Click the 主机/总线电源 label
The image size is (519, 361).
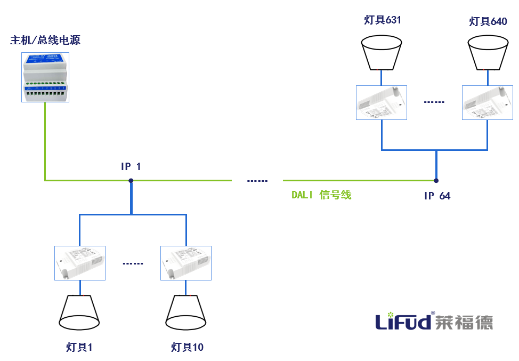pyautogui.click(x=45, y=41)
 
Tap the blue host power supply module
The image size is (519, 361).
pyautogui.click(x=45, y=77)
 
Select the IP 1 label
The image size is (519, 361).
pyautogui.click(x=131, y=167)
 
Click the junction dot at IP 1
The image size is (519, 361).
pyautogui.click(x=131, y=180)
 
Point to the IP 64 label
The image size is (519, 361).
pyautogui.click(x=437, y=196)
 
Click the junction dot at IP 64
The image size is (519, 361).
pyautogui.click(x=436, y=180)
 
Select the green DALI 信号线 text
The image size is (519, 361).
pyautogui.click(x=321, y=195)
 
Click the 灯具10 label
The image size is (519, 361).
pyautogui.click(x=187, y=348)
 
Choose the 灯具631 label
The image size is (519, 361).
pyautogui.click(x=382, y=21)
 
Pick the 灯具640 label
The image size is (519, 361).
pyautogui.click(x=488, y=21)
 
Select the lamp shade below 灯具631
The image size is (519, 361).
pyautogui.click(x=382, y=52)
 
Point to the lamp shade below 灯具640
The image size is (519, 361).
pyautogui.click(x=488, y=52)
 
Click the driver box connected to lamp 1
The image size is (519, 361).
pyautogui.click(x=80, y=263)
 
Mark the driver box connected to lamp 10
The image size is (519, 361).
pyautogui.click(x=186, y=263)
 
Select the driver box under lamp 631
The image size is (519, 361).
pyautogui.click(x=382, y=103)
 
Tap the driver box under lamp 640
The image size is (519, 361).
pyautogui.click(x=488, y=103)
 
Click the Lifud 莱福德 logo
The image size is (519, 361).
pyautogui.click(x=434, y=321)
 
